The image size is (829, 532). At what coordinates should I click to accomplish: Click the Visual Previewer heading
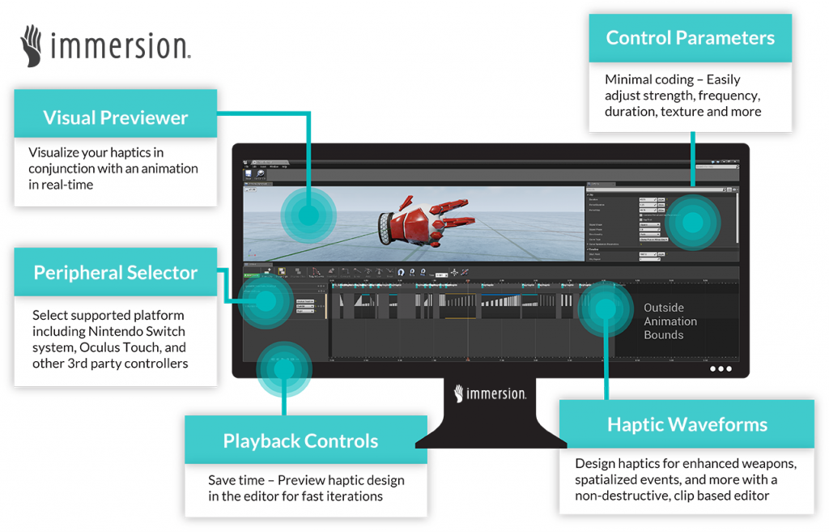[116, 117]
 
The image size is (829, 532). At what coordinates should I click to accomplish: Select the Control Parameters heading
[690, 38]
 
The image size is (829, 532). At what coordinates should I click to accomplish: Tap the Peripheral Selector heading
[116, 273]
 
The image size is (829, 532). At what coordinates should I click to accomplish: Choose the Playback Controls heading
[300, 441]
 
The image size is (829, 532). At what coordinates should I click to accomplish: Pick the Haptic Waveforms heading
[687, 424]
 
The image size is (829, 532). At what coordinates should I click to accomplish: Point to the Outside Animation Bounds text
[670, 321]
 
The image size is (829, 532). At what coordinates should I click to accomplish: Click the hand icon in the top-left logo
[32, 45]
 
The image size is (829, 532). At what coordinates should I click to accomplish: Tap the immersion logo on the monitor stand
[491, 394]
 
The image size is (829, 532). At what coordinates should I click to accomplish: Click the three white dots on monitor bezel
[720, 368]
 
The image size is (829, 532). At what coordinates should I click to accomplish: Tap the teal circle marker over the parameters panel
[692, 220]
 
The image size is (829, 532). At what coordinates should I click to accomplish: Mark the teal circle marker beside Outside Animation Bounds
[606, 309]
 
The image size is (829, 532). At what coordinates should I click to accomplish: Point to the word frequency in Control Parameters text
[729, 96]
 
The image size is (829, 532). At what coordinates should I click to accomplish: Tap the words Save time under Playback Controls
[236, 480]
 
